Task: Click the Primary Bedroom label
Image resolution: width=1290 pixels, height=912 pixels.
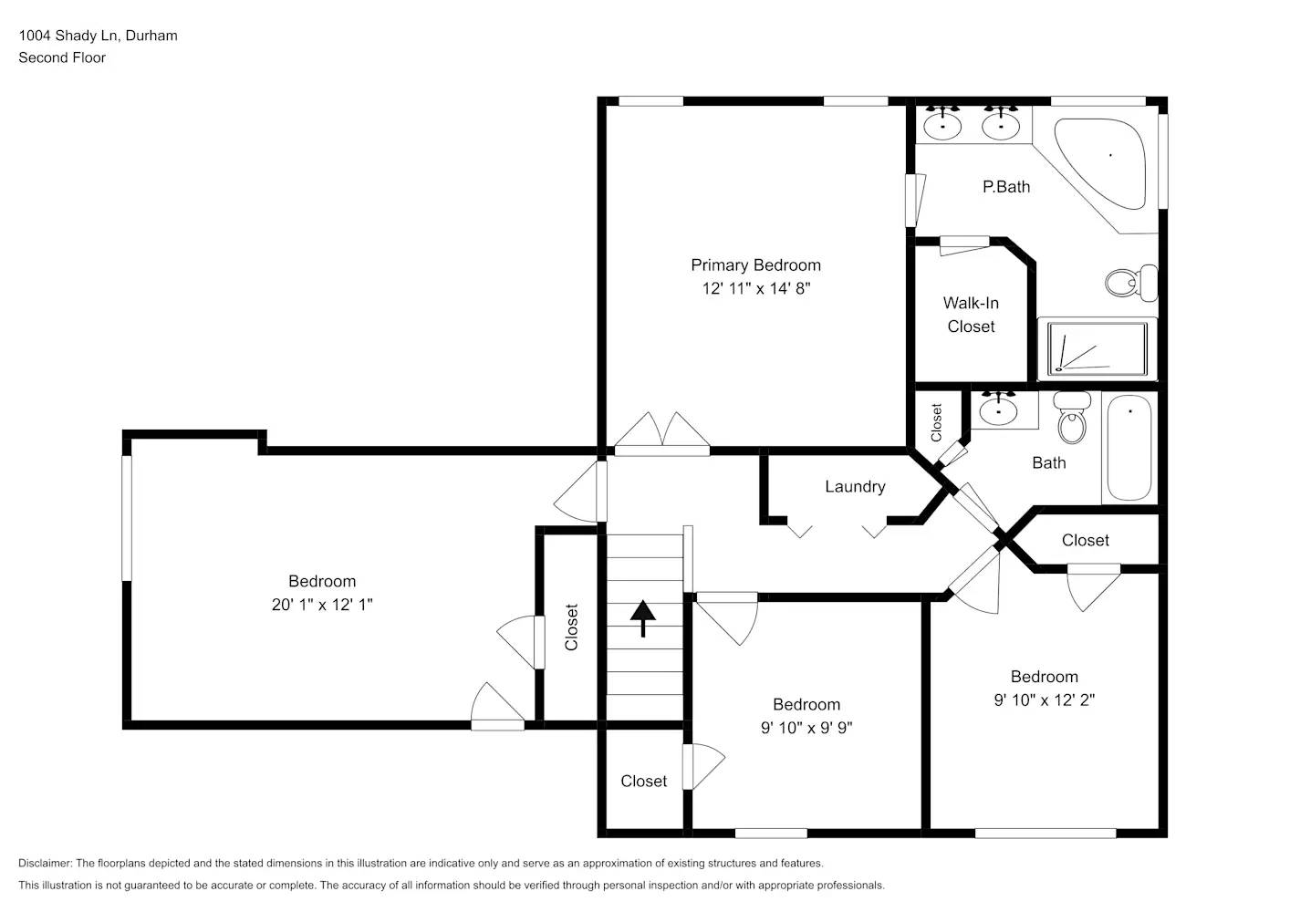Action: click(x=755, y=265)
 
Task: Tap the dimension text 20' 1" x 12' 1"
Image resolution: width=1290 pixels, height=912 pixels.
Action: click(x=322, y=605)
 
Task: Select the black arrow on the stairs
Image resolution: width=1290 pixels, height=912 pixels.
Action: click(x=643, y=617)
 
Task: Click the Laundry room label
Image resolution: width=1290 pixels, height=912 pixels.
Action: click(x=855, y=487)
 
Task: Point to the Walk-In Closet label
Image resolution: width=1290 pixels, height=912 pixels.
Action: click(x=971, y=315)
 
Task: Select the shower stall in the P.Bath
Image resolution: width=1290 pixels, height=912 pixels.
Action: click(x=1097, y=348)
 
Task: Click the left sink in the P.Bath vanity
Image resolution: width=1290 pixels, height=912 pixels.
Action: click(x=942, y=125)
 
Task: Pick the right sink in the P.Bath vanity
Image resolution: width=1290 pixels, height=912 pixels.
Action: click(x=1001, y=125)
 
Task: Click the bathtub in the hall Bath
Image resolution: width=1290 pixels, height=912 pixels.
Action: click(x=1129, y=447)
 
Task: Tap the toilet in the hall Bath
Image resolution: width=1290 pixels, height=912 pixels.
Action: click(x=1072, y=419)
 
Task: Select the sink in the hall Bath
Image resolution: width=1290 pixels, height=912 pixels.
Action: click(x=999, y=409)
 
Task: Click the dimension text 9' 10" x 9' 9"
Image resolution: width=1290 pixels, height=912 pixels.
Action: click(x=806, y=728)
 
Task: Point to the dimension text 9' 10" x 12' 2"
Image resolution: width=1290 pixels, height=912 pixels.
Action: click(x=1044, y=700)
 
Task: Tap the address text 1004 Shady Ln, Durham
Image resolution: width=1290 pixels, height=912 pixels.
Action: click(x=99, y=36)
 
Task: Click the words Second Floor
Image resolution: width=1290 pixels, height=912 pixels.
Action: click(x=62, y=57)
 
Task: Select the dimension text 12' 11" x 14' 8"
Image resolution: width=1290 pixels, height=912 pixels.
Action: click(x=755, y=289)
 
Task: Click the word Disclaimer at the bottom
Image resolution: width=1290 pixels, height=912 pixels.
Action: click(x=45, y=863)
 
